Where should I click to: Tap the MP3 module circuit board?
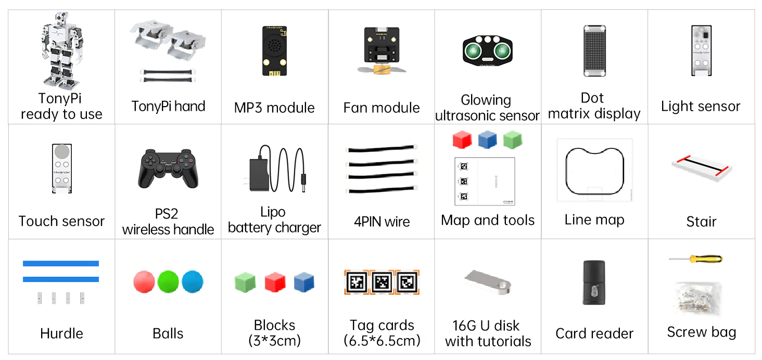(x=274, y=51)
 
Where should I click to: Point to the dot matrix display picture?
(x=593, y=51)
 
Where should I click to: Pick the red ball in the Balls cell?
(x=144, y=281)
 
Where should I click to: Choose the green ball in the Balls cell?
(x=168, y=281)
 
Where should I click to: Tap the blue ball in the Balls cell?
(x=192, y=281)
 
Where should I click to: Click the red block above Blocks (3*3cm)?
(x=274, y=282)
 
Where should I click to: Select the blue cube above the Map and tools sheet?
(x=488, y=139)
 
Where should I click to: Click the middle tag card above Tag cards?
(x=382, y=282)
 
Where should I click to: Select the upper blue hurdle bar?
(x=61, y=263)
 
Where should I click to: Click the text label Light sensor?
(x=700, y=107)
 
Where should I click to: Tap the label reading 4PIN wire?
(x=382, y=222)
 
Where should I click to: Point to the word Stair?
(x=701, y=222)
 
